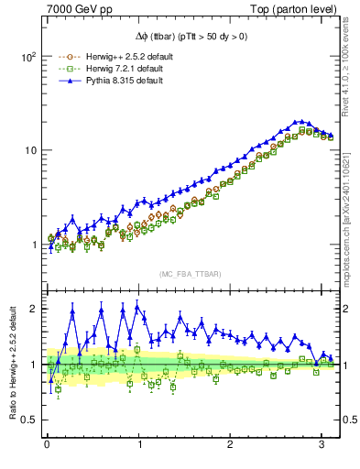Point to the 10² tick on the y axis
(x=27, y=56)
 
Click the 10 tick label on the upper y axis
(x=30, y=150)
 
